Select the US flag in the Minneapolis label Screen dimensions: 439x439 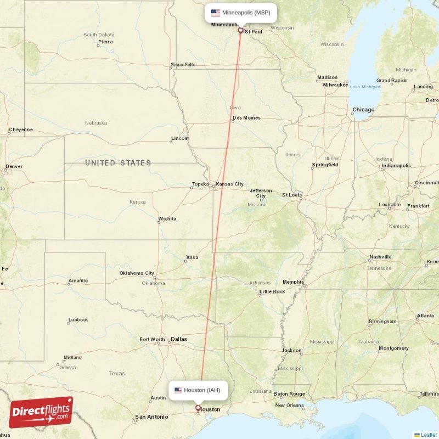click(x=216, y=13)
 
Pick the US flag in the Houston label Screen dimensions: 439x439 click(x=178, y=390)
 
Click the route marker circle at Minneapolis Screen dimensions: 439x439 click(x=240, y=30)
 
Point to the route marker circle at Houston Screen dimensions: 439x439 click(x=198, y=408)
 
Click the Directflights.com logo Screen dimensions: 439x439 click(x=41, y=412)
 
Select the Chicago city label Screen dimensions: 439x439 click(x=363, y=110)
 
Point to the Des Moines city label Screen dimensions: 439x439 click(x=246, y=118)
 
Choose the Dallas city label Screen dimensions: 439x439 click(x=179, y=339)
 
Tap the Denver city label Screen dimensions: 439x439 click(x=14, y=166)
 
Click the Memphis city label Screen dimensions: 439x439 click(x=293, y=282)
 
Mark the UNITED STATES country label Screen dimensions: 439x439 click(x=118, y=163)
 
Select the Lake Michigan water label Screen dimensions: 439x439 click(x=365, y=87)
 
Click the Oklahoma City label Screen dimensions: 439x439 click(x=137, y=273)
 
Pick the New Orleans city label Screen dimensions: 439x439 click(x=289, y=405)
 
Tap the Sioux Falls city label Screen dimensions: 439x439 click(x=183, y=64)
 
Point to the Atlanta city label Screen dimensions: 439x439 click(x=425, y=316)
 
